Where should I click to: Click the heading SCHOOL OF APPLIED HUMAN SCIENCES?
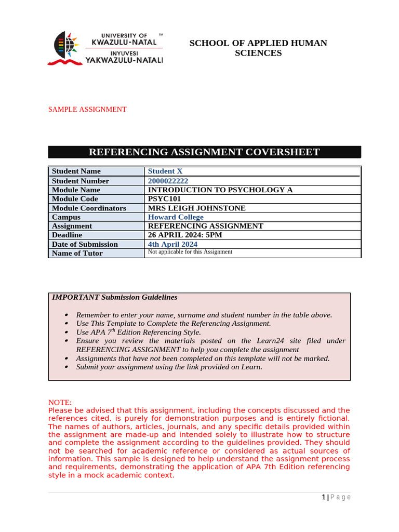coord(258,48)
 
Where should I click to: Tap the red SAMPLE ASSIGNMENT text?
coord(87,109)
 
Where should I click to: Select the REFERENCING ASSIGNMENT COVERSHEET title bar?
coord(204,152)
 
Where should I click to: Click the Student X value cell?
coord(165,171)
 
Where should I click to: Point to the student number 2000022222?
coord(168,181)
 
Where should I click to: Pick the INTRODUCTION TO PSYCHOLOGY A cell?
coord(220,190)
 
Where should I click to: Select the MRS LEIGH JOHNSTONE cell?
coord(197,208)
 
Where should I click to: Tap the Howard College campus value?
coord(176,217)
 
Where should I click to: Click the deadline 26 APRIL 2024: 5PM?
coord(185,235)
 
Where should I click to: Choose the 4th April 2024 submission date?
coord(172,244)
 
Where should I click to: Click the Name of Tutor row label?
coord(77,253)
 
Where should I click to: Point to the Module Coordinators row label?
coord(89,208)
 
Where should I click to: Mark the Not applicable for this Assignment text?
coord(190,252)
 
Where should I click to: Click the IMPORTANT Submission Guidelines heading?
coord(114,297)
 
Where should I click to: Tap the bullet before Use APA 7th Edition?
coord(66,332)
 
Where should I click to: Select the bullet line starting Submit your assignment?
coord(169,367)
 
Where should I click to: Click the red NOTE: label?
coord(60,403)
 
